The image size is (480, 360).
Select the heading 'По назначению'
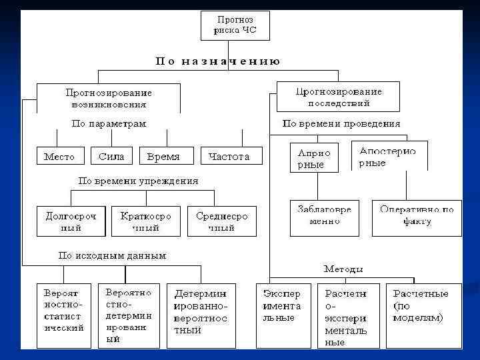click(x=218, y=61)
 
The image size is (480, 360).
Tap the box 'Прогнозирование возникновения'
click(x=109, y=98)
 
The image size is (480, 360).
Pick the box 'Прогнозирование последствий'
click(x=338, y=97)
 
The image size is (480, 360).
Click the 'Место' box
click(x=59, y=157)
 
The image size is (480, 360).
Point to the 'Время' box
click(x=163, y=157)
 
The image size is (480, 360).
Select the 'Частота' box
click(x=229, y=157)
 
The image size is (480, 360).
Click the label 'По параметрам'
click(x=109, y=123)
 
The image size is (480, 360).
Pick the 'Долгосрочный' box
click(x=71, y=221)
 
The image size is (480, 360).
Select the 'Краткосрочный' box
click(x=146, y=221)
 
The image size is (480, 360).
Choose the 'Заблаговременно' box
click(x=325, y=217)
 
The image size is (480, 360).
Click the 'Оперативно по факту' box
click(x=417, y=217)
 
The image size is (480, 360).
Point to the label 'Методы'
click(x=344, y=269)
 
